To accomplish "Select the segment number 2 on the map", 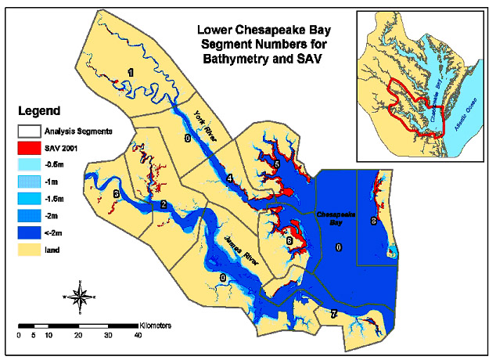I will coord(163,205).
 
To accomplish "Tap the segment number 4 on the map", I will coord(229,179).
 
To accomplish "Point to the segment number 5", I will coord(276,164).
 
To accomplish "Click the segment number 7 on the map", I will coord(334,314).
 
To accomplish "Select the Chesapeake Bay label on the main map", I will coord(336,217).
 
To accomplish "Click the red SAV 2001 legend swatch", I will coord(31,148).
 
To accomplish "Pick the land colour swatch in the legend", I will coord(31,250).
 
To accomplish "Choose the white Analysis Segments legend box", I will coord(31,131).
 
